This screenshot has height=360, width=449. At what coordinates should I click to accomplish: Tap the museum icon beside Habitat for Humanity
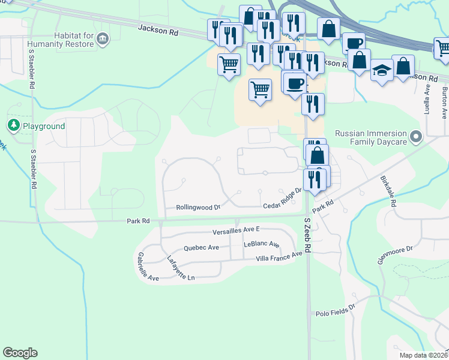pyautogui.click(x=103, y=40)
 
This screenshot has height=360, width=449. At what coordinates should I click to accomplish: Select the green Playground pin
pyautogui.click(x=14, y=126)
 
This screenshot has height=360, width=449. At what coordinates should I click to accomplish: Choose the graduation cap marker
pyautogui.click(x=382, y=71)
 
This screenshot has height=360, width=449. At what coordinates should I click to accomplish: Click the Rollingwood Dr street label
pyautogui.click(x=199, y=207)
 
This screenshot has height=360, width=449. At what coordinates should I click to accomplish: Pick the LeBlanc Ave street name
pyautogui.click(x=262, y=245)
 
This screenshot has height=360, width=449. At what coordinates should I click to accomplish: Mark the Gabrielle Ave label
pyautogui.click(x=148, y=266)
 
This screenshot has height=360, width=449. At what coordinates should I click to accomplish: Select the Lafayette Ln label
pyautogui.click(x=181, y=268)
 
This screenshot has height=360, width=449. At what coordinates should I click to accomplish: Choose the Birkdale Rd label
pyautogui.click(x=388, y=191)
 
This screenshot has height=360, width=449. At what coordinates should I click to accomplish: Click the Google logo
pyautogui.click(x=20, y=353)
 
